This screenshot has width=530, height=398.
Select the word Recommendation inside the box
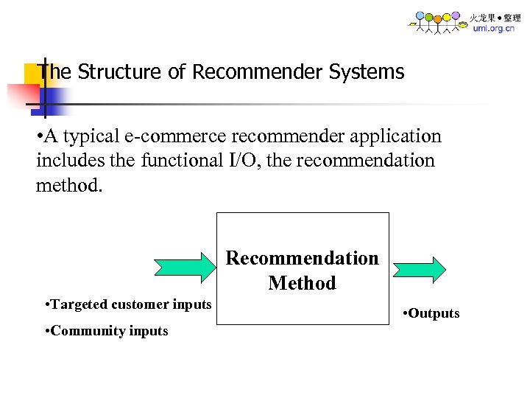(302, 258)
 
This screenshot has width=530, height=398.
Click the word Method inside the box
(302, 283)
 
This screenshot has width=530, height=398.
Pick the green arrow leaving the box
(417, 269)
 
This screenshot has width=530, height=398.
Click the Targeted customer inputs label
(128, 304)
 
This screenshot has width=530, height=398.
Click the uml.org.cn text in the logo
(495, 29)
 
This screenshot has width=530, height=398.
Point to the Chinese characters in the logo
(495, 17)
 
